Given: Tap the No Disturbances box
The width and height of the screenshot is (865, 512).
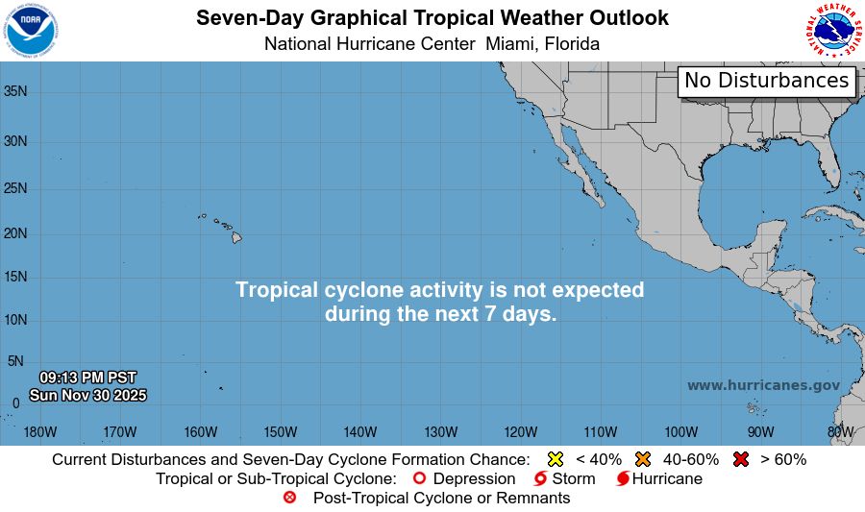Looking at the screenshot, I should click(x=767, y=81).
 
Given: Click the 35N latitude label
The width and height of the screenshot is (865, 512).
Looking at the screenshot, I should click(x=14, y=91).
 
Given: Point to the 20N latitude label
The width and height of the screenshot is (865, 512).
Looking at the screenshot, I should click(x=14, y=233).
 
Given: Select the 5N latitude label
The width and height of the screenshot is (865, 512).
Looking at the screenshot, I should click(x=14, y=361).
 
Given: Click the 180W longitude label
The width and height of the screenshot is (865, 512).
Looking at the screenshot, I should click(x=40, y=431).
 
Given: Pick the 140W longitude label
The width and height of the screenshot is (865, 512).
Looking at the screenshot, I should click(x=359, y=431).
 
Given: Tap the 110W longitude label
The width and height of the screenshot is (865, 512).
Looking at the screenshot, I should click(x=600, y=431).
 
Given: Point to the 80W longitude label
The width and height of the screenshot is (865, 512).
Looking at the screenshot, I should click(x=841, y=431).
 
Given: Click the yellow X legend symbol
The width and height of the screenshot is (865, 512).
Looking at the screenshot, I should click(x=555, y=459).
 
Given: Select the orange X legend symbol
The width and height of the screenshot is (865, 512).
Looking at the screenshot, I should click(x=643, y=459).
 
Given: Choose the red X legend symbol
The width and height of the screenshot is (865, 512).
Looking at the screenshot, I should click(x=740, y=459).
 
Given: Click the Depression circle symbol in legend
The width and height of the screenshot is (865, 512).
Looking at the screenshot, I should click(x=418, y=478).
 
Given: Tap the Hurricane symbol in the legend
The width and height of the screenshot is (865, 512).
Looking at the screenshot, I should click(x=623, y=478).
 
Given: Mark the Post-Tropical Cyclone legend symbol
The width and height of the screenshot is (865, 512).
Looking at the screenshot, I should click(x=289, y=498).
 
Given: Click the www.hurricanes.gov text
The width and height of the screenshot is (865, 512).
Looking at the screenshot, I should click(x=763, y=385).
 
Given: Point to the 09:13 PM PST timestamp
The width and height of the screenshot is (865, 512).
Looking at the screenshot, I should click(x=87, y=378).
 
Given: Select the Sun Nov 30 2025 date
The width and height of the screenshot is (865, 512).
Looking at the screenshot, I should click(x=87, y=394).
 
